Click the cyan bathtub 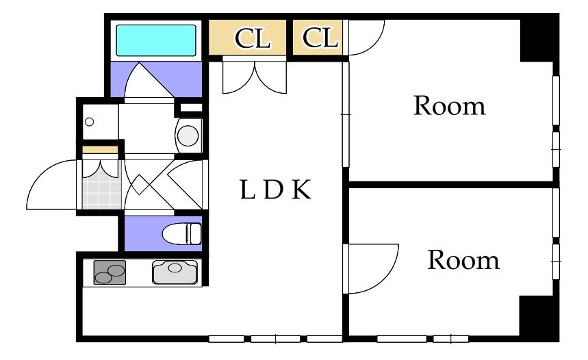(156, 40)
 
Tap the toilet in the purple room (181, 233)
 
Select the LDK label (276, 190)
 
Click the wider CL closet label (253, 38)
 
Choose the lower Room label (463, 259)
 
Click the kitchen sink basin (175, 272)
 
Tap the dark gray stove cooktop (110, 272)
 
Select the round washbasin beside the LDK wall (188, 136)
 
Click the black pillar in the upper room (537, 40)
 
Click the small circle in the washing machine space (89, 122)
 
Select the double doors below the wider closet (255, 77)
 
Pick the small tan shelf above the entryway (100, 150)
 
